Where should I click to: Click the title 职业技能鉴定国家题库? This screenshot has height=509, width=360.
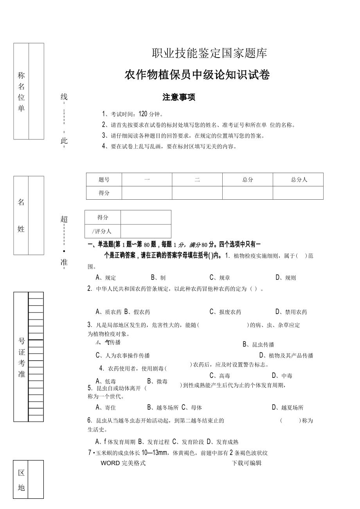[x=209, y=53]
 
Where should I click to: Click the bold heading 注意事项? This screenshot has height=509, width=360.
[x=179, y=97]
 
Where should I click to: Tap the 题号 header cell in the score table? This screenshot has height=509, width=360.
[x=104, y=180]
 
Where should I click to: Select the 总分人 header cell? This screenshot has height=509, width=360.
[x=299, y=180]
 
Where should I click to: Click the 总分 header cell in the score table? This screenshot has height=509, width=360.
[x=248, y=180]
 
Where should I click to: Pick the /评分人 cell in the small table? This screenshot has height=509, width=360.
[x=103, y=231]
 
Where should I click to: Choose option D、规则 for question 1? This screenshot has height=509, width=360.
[x=286, y=278]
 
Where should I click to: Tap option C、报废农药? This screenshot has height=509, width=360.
[x=225, y=312]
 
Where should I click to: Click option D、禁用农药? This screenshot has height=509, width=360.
[x=291, y=312]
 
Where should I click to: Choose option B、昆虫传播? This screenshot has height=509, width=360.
[x=258, y=345]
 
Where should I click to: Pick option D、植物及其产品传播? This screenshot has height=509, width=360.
[x=286, y=356]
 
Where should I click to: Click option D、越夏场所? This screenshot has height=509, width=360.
[x=288, y=408]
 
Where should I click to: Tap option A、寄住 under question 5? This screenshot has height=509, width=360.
[x=106, y=408]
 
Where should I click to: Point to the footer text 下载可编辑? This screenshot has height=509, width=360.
[x=247, y=463]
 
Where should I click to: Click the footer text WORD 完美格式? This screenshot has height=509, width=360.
[x=123, y=463]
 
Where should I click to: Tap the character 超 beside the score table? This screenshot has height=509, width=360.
[x=64, y=219]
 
